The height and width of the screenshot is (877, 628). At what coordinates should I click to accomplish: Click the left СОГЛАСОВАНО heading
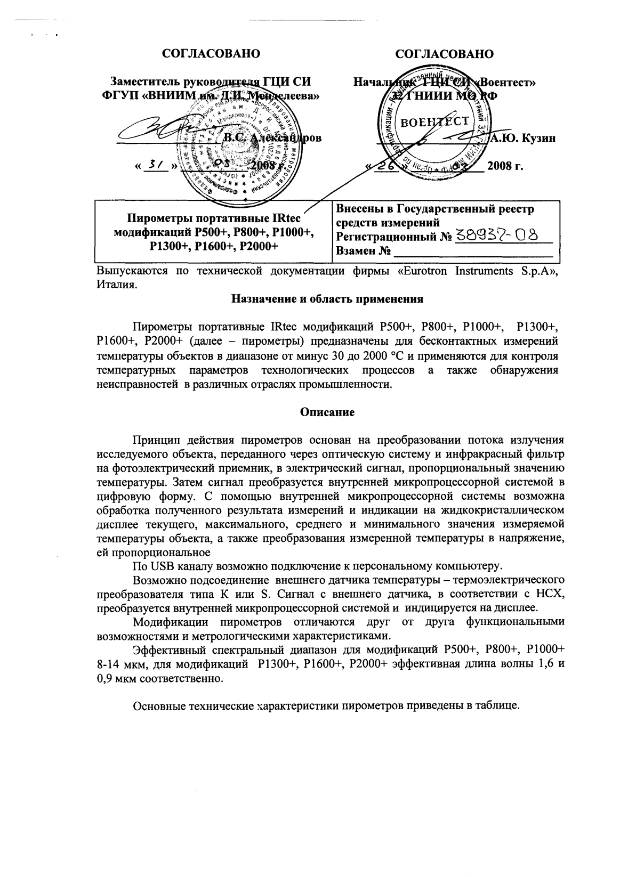(x=211, y=54)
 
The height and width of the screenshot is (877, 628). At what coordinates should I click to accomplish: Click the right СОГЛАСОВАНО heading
(x=445, y=54)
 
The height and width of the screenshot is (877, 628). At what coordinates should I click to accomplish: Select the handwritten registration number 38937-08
(x=496, y=236)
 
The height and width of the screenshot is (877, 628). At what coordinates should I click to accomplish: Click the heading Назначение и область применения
(x=327, y=299)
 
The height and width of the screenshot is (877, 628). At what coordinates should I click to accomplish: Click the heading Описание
(x=327, y=412)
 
